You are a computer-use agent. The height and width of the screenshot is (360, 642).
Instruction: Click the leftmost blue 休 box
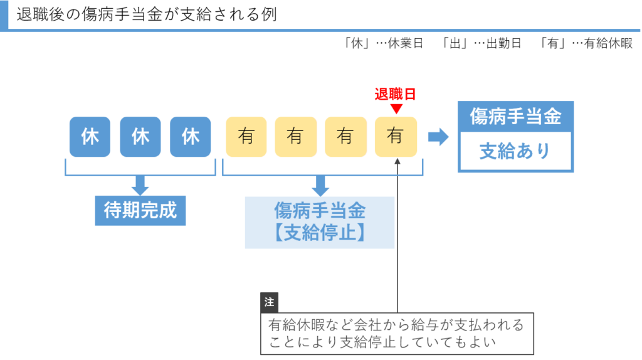(x=90, y=136)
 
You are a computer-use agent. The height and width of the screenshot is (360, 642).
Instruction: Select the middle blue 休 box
(x=140, y=136)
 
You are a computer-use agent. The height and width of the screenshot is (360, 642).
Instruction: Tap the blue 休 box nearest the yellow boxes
(x=191, y=136)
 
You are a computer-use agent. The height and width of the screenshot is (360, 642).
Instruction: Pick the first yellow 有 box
(x=246, y=136)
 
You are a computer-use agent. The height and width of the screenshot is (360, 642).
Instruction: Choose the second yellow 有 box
(x=295, y=136)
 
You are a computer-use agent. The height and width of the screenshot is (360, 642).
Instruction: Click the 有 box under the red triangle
(x=396, y=136)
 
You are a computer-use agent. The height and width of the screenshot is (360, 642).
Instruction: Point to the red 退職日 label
(x=396, y=94)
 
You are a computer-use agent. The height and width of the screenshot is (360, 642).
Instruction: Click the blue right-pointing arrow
(x=438, y=137)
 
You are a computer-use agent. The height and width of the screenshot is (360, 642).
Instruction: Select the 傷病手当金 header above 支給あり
(x=515, y=116)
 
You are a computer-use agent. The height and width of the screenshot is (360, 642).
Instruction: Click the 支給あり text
(x=515, y=151)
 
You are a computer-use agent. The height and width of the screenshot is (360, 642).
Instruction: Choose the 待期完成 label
(x=140, y=211)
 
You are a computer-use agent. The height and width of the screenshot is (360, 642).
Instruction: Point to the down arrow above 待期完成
(x=140, y=186)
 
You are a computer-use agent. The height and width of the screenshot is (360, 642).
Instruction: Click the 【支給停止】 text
(x=320, y=233)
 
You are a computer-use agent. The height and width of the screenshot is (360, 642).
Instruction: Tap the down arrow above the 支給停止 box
(x=320, y=186)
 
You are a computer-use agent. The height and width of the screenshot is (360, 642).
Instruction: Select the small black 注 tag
(x=269, y=302)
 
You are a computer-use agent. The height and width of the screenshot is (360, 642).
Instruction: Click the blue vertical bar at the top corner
(x=4, y=15)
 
